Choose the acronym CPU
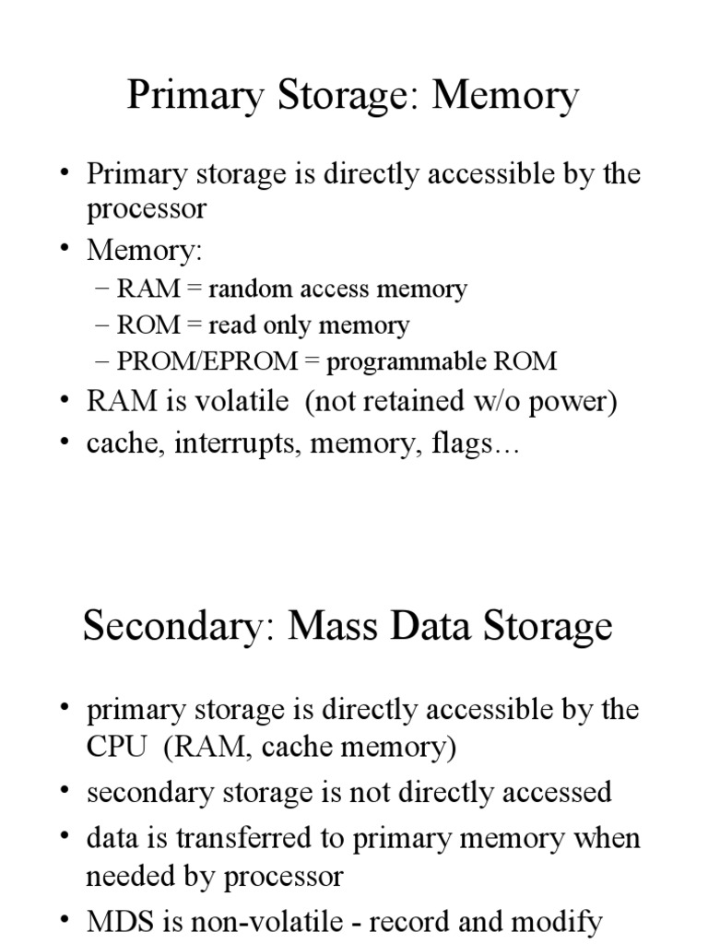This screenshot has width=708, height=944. pyautogui.click(x=115, y=747)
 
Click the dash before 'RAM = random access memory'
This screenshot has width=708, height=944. pyautogui.click(x=102, y=289)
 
